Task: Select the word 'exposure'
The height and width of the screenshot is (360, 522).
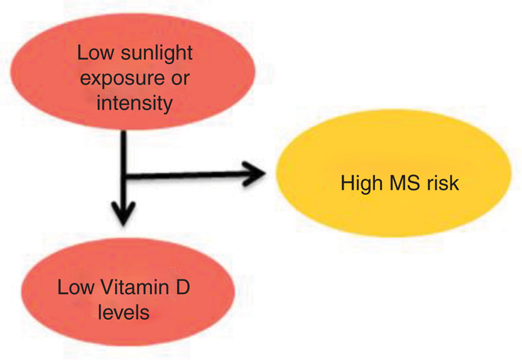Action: (x=121, y=79)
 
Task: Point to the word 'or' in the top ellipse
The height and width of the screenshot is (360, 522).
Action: (x=179, y=79)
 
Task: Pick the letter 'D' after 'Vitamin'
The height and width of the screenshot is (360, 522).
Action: (x=181, y=288)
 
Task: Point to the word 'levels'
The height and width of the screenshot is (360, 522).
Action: (x=124, y=312)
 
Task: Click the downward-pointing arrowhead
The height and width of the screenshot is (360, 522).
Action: (x=125, y=213)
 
